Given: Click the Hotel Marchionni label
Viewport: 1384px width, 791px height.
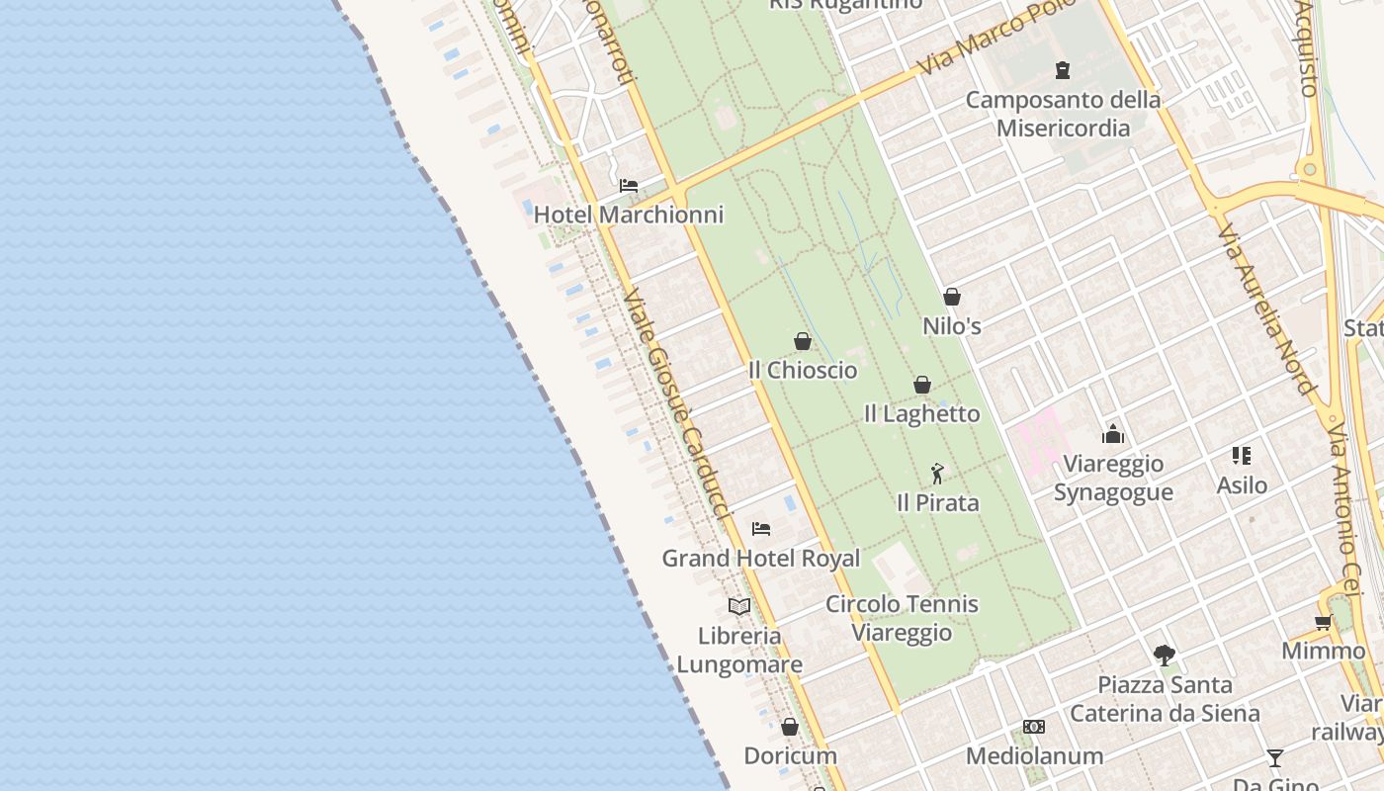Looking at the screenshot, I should [x=629, y=215].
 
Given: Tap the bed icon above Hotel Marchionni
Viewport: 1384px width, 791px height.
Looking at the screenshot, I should [x=629, y=186].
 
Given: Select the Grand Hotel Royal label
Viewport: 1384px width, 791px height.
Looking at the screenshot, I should [x=760, y=559].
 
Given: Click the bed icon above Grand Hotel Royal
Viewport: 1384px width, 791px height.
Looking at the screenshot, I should [x=760, y=529].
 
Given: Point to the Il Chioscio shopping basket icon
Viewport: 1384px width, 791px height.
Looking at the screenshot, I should [x=803, y=342].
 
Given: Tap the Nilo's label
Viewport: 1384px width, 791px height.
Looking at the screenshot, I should [x=951, y=325].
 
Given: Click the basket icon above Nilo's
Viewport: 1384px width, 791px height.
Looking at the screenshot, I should [x=952, y=297].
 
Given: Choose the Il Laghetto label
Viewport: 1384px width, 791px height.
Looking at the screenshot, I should [x=921, y=413].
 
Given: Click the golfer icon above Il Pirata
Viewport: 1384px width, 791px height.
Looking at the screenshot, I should [x=937, y=475].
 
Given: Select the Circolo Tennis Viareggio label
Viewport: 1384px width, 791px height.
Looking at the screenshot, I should [x=902, y=618].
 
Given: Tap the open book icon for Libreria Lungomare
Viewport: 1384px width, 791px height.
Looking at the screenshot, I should [x=739, y=606].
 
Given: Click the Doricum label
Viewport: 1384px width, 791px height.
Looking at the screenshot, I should [x=790, y=755].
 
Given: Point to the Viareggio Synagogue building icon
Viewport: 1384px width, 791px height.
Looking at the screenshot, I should [x=1113, y=434].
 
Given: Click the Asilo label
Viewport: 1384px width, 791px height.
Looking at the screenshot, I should [x=1242, y=485].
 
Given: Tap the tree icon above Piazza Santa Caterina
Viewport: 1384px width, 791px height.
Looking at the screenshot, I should [x=1165, y=656].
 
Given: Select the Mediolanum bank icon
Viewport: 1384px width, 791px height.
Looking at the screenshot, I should [x=1034, y=728].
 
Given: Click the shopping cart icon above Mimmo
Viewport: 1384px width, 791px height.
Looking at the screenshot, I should [x=1323, y=622].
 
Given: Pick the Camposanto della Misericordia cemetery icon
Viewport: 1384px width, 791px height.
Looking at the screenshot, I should [x=1063, y=70].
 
